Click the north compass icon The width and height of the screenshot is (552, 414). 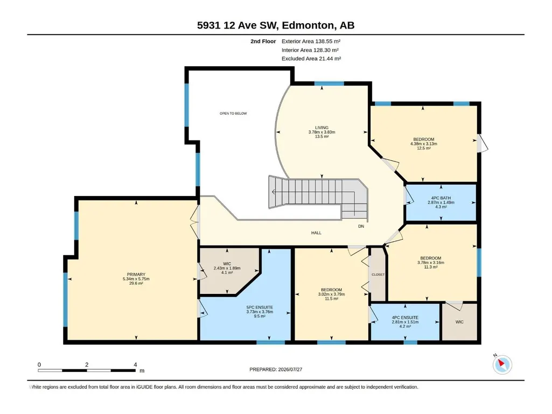click(x=502, y=364)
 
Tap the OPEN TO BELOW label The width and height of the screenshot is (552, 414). click(x=233, y=114)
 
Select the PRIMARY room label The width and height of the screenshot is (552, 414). click(x=136, y=275)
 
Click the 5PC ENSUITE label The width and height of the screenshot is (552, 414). click(x=260, y=307)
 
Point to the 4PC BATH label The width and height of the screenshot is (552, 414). click(x=441, y=198)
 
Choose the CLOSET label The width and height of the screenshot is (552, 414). click(x=378, y=275)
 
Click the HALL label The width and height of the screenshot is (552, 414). click(x=316, y=233)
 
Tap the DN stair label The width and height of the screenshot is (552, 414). click(x=361, y=226)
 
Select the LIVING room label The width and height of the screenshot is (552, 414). click(x=322, y=128)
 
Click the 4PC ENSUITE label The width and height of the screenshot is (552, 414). click(x=405, y=318)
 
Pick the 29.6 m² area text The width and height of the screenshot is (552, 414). click(x=136, y=283)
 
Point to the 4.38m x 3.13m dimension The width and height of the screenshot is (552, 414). click(x=423, y=144)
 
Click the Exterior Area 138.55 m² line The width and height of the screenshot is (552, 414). click(x=311, y=41)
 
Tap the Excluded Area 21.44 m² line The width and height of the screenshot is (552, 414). click(x=311, y=59)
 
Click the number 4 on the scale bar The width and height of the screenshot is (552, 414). click(x=135, y=364)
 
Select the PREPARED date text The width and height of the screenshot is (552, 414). click(x=276, y=369)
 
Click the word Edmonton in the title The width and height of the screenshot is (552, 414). click(x=308, y=25)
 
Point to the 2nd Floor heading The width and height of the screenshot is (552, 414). click(x=263, y=41)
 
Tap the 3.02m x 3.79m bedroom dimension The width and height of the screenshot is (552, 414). click(x=331, y=294)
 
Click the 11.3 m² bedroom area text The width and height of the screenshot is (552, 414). click(x=430, y=267)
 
